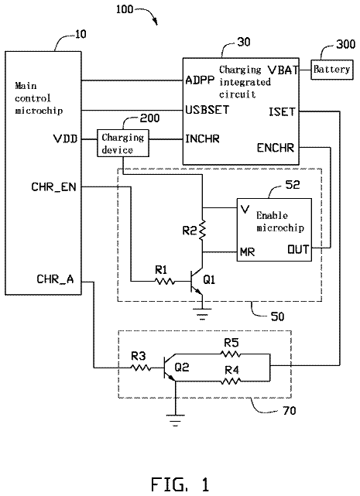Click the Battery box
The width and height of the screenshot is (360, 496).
click(332, 70)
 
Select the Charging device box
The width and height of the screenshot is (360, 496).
click(123, 143)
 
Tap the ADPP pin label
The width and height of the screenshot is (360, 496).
click(200, 80)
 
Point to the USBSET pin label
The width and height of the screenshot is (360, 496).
click(207, 110)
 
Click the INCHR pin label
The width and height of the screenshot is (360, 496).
click(202, 139)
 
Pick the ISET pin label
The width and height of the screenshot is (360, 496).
click(282, 112)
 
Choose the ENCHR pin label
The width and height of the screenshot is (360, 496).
click(276, 148)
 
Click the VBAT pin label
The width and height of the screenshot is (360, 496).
click(283, 70)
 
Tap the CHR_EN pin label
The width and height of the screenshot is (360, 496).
click(54, 187)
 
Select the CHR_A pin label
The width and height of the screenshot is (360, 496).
click(55, 279)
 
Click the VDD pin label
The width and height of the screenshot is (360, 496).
click(65, 139)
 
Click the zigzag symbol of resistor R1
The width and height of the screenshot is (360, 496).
click(164, 281)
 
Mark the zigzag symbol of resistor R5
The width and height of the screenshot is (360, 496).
click(231, 354)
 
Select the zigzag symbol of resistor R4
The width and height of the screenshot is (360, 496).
click(231, 381)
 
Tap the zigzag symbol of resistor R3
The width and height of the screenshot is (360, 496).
click(139, 368)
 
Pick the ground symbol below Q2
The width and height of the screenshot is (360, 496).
click(175, 419)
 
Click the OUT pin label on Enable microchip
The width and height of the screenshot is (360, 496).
click(297, 250)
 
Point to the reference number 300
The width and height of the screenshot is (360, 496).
click(345, 44)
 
